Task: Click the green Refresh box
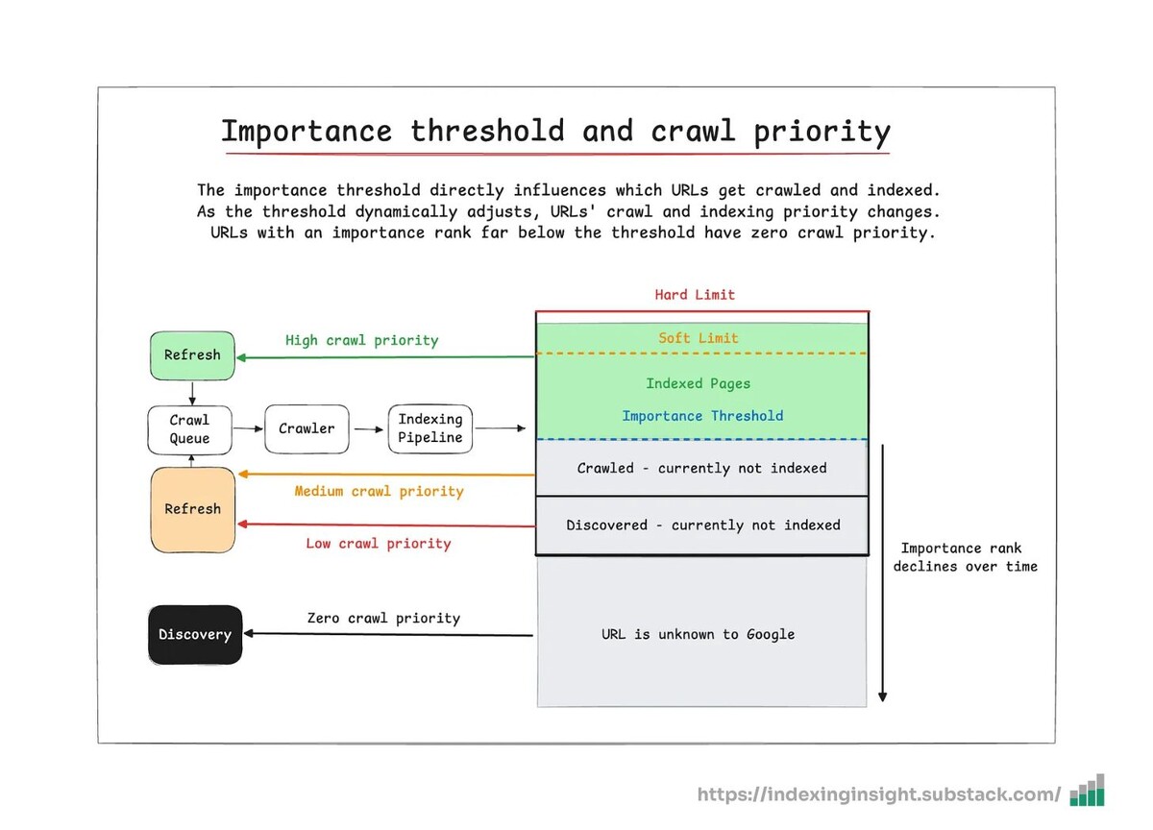click(192, 354)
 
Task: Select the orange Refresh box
click(192, 509)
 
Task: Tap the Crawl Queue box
click(189, 429)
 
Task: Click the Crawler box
click(307, 429)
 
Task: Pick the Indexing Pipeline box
click(429, 429)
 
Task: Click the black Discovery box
click(195, 634)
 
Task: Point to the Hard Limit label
click(695, 295)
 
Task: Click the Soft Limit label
click(699, 338)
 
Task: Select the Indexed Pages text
click(699, 383)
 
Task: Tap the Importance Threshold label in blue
click(702, 416)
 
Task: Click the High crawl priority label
click(361, 340)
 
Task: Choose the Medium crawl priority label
click(379, 492)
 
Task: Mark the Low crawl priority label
click(378, 544)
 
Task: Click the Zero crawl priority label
click(383, 618)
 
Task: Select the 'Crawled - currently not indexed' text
click(701, 468)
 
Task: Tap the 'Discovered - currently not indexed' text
click(702, 525)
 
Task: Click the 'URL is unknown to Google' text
click(699, 634)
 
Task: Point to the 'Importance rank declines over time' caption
click(965, 557)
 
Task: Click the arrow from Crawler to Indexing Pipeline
click(368, 429)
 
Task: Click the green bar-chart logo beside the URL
click(1088, 792)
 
